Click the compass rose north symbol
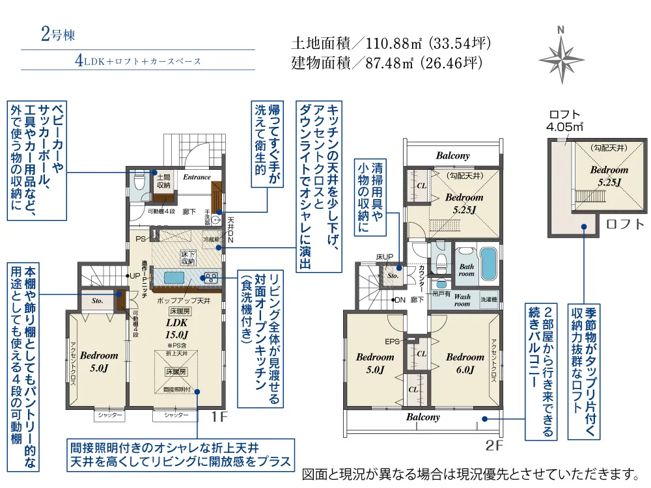click(x=561, y=54)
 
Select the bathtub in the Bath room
click(x=488, y=264)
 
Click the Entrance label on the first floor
click(x=197, y=177)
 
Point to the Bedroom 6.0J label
click(x=465, y=363)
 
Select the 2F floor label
click(x=494, y=446)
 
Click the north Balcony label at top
click(x=452, y=156)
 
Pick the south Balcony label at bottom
click(x=423, y=417)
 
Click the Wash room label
click(x=462, y=300)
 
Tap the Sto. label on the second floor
click(x=393, y=275)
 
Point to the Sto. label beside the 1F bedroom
click(x=98, y=301)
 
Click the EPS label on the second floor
click(x=393, y=341)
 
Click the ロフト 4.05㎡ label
click(x=564, y=121)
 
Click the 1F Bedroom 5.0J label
click(x=99, y=362)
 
